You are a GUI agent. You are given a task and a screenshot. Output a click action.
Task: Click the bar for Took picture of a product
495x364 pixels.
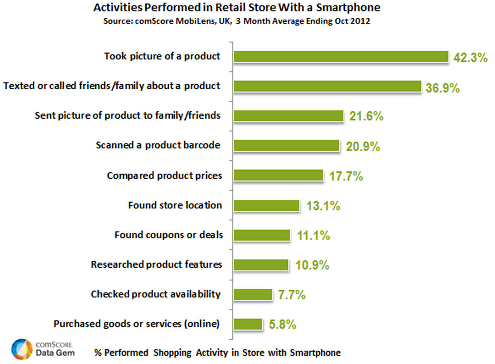click(x=341, y=57)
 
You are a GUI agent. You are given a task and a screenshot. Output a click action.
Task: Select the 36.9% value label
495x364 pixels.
click(x=443, y=88)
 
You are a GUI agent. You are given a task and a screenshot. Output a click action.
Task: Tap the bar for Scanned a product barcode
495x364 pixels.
click(x=287, y=146)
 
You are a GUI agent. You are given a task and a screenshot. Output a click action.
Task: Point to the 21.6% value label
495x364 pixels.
click(x=366, y=116)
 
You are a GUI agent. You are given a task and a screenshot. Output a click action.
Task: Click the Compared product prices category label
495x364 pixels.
click(x=164, y=176)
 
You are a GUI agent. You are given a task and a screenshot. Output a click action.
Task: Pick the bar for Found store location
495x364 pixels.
click(x=267, y=206)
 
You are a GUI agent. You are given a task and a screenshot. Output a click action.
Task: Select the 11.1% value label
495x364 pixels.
click(x=314, y=235)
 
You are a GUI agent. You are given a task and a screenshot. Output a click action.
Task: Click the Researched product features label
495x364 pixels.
click(x=156, y=265)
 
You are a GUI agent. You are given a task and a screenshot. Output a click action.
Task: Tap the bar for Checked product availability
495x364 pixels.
click(x=253, y=295)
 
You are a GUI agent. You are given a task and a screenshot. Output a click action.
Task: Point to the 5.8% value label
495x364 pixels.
click(x=282, y=325)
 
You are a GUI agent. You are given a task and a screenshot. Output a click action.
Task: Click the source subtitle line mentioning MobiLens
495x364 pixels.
click(x=237, y=21)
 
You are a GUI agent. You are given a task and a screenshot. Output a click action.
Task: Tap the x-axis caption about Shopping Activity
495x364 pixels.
click(x=217, y=352)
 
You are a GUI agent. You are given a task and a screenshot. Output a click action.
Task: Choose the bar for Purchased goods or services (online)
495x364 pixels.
click(x=248, y=324)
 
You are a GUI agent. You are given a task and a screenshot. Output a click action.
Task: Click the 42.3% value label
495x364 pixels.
click(x=471, y=58)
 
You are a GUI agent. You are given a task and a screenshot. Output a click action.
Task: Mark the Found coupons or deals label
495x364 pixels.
click(x=169, y=235)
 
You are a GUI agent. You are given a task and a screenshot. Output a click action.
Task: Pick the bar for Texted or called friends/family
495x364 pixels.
click(x=327, y=86)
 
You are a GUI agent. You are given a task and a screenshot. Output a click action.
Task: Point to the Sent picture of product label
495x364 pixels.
click(x=128, y=115)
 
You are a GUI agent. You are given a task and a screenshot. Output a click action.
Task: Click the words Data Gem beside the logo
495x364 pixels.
click(x=55, y=353)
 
